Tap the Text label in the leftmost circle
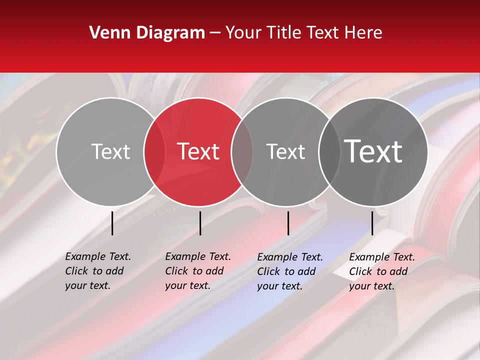[110, 151]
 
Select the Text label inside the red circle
[198, 151]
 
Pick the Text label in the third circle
[285, 151]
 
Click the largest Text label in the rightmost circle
[373, 151]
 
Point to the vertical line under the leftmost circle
[112, 223]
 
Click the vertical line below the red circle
[200, 223]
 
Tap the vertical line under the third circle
[288, 223]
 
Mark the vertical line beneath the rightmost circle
[372, 223]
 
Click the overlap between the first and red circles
[154, 151]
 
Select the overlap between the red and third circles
[242, 151]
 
